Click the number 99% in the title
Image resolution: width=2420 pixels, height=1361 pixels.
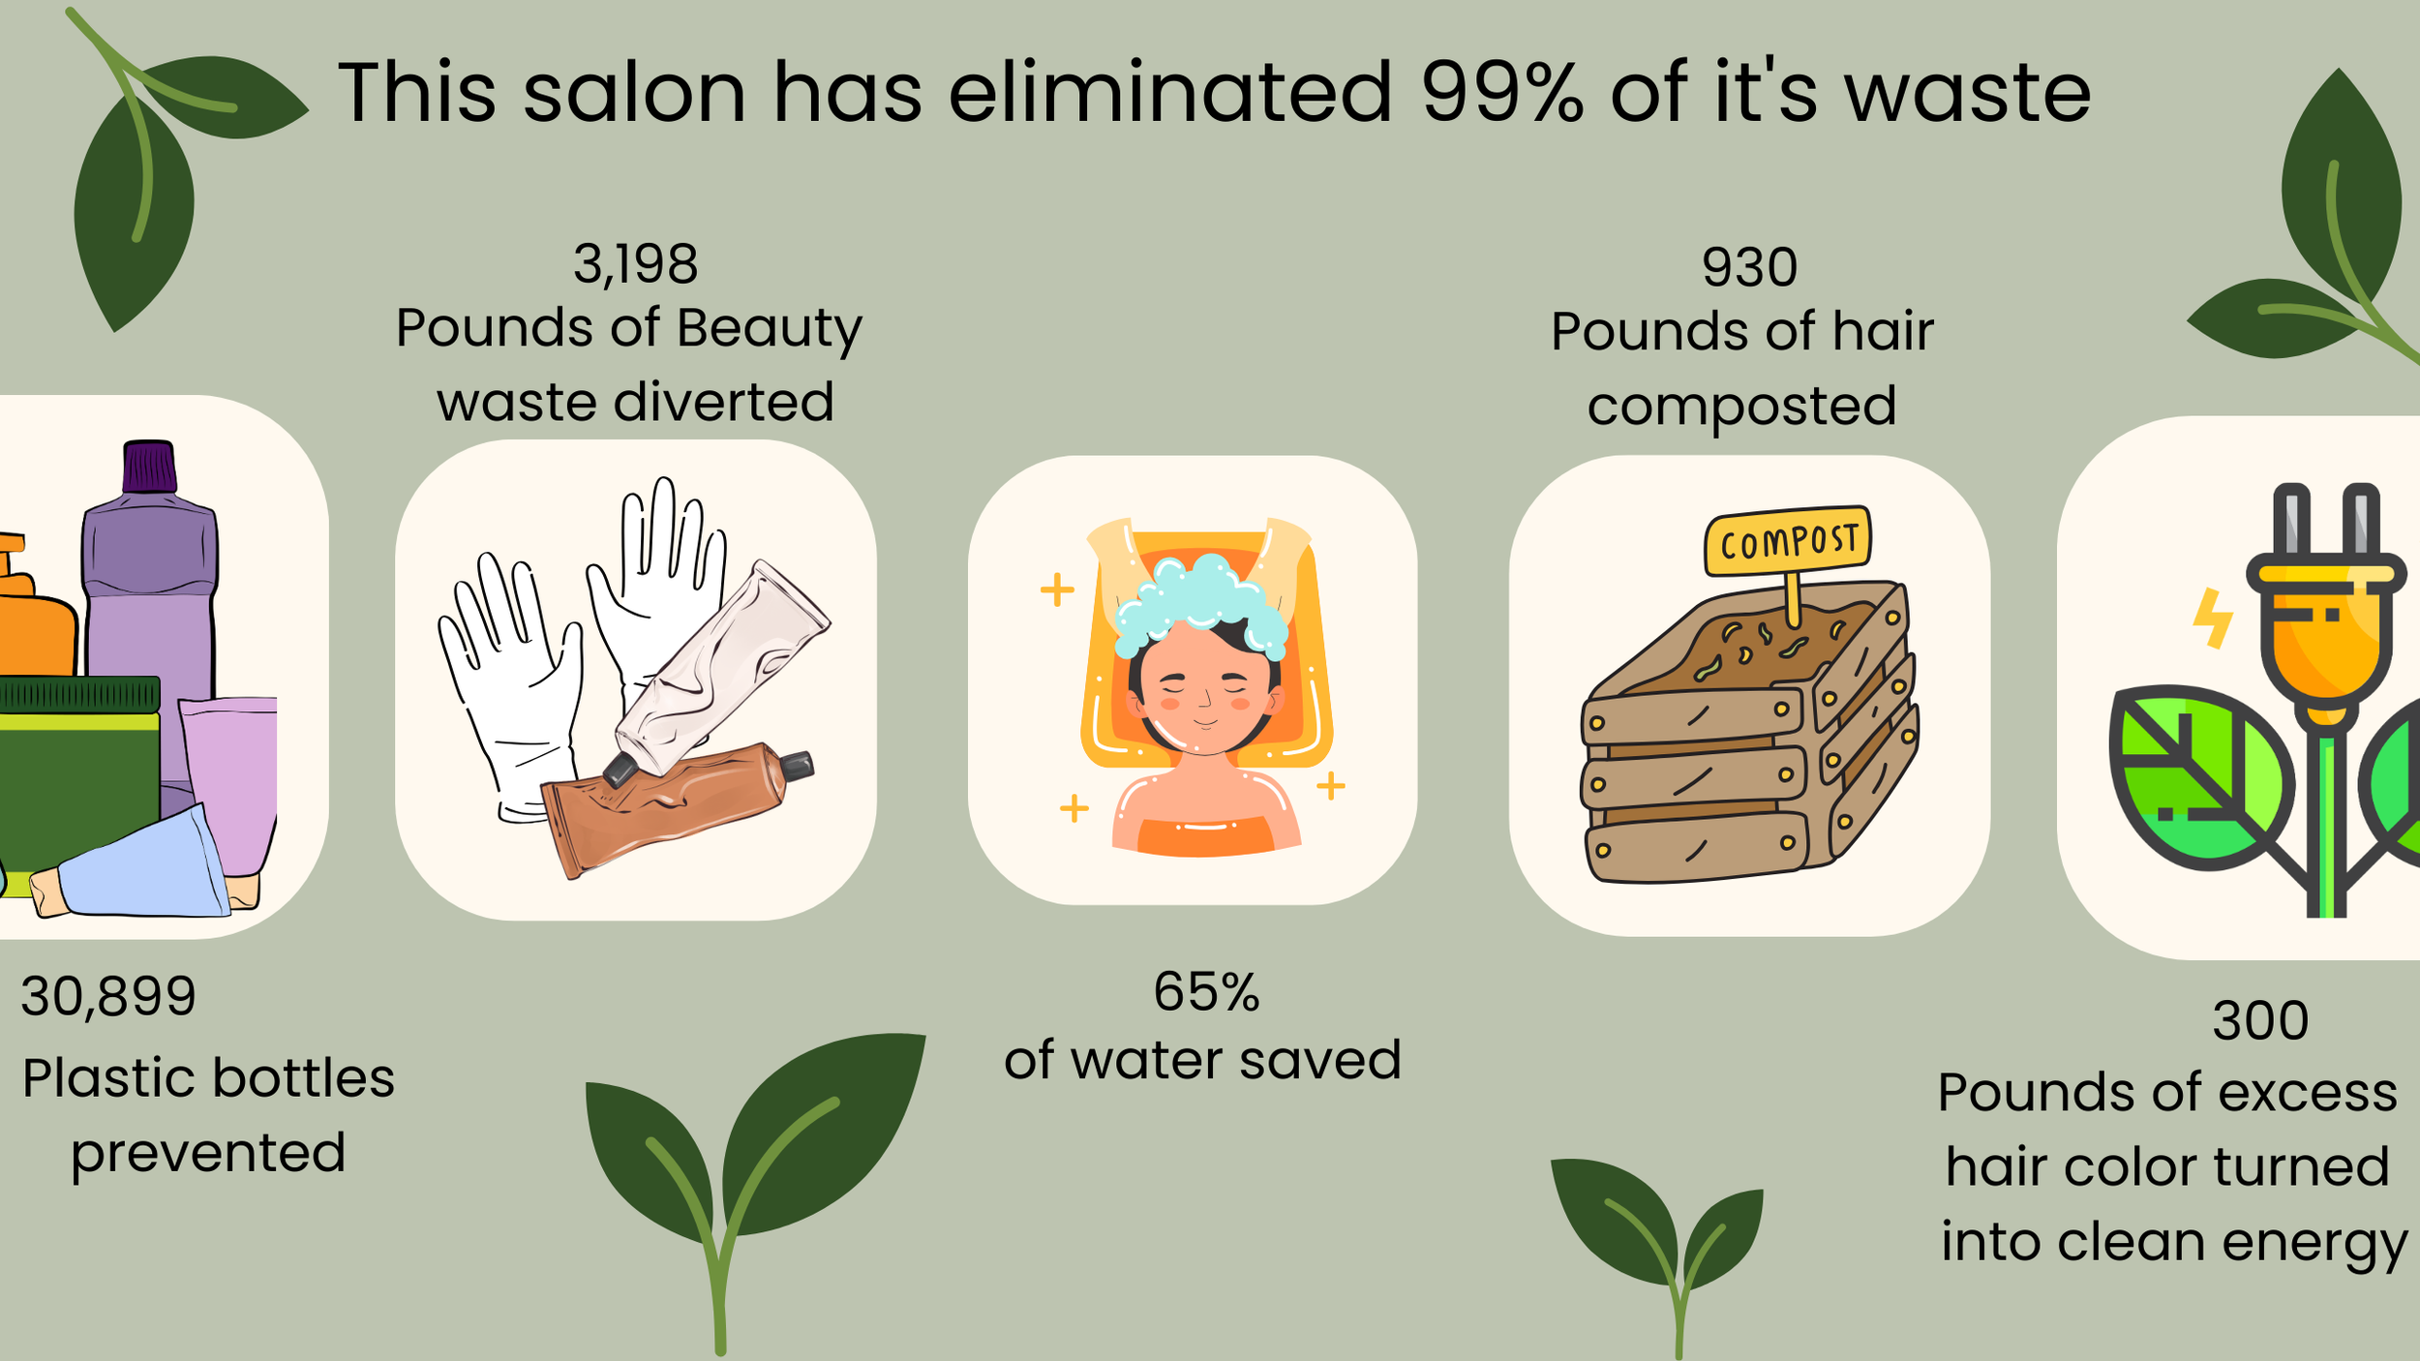(1501, 94)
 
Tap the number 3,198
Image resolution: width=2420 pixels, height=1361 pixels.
(635, 264)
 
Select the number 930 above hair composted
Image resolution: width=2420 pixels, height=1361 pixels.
(1749, 267)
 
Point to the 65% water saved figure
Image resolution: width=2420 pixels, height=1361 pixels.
(1206, 992)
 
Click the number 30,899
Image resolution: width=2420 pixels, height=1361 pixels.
(108, 996)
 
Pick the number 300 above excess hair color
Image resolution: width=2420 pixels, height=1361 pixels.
(2260, 1020)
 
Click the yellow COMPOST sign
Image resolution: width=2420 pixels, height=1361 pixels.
(1788, 541)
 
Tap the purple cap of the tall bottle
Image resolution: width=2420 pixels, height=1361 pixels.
(149, 468)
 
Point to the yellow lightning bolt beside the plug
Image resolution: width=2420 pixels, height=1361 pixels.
(2213, 617)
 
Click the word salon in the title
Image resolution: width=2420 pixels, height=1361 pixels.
(634, 94)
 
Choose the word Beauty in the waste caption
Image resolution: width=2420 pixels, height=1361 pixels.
(769, 329)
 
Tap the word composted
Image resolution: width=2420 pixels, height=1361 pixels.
(1741, 407)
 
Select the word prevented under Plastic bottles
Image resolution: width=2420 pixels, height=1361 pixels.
(208, 1153)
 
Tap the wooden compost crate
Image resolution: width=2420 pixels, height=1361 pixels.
(1742, 745)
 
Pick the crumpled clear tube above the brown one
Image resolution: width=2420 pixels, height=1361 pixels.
(721, 668)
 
